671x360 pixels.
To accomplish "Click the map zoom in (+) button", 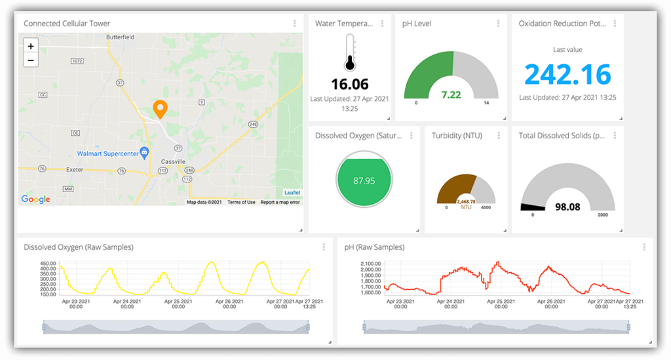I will click(31, 46).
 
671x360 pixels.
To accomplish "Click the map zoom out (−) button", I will click(31, 60).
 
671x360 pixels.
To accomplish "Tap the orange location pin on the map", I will click(159, 109).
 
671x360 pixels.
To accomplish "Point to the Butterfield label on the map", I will click(120, 37).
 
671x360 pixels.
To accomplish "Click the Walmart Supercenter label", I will click(107, 153).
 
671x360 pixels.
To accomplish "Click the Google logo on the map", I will click(35, 199).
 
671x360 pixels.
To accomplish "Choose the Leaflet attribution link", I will click(292, 192).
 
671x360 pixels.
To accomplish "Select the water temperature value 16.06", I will click(349, 84).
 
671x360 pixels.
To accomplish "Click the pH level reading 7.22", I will click(451, 94).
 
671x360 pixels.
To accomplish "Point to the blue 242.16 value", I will click(567, 74).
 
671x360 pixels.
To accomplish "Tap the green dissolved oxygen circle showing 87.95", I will click(364, 180).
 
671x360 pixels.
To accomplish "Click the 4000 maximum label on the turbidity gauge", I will click(486, 207).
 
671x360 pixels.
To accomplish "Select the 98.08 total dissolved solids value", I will click(567, 207).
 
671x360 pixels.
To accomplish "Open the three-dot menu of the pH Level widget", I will click(498, 24).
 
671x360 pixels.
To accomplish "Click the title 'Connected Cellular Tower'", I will click(67, 24).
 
